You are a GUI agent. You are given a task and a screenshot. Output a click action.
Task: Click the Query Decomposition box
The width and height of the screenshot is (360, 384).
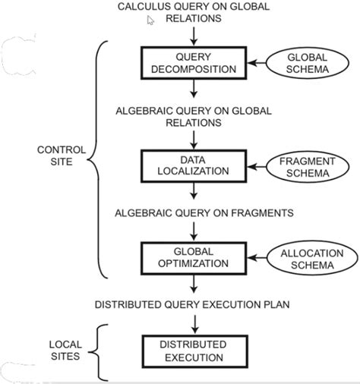click(x=194, y=63)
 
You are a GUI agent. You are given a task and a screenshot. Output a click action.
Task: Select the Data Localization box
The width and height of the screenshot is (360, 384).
click(x=194, y=166)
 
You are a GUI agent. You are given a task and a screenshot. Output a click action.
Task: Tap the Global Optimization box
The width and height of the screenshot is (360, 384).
click(x=194, y=258)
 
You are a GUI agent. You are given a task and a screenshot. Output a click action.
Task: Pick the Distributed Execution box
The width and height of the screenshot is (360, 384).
click(x=194, y=351)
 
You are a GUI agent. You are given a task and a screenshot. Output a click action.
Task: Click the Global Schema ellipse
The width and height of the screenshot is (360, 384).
click(x=307, y=63)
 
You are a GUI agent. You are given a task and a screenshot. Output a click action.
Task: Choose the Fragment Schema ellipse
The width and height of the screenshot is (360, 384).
click(x=308, y=167)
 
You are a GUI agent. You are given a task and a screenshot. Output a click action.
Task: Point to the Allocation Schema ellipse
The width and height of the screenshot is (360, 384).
click(x=312, y=258)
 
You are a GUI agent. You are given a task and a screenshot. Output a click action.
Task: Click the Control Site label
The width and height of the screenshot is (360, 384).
click(x=62, y=156)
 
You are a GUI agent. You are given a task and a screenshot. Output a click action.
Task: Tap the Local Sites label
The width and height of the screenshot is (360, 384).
click(x=65, y=351)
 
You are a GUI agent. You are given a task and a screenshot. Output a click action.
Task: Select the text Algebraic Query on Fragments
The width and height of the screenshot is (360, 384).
click(x=204, y=213)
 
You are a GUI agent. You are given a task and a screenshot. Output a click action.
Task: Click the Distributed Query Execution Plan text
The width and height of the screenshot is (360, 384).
click(x=192, y=304)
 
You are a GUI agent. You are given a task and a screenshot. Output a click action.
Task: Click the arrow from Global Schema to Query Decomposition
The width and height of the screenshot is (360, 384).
click(x=257, y=63)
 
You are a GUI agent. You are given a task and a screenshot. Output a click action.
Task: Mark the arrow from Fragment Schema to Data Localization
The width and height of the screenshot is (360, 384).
click(x=257, y=167)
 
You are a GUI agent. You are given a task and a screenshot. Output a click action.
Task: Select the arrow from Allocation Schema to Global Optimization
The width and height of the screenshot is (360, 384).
click(x=257, y=258)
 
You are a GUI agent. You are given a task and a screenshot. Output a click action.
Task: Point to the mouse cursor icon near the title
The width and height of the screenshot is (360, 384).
click(x=150, y=20)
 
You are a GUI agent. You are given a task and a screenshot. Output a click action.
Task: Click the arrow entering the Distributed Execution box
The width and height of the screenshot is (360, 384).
click(x=194, y=325)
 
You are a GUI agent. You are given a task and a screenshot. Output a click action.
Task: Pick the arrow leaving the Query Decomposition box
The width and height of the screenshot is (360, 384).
click(x=194, y=89)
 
